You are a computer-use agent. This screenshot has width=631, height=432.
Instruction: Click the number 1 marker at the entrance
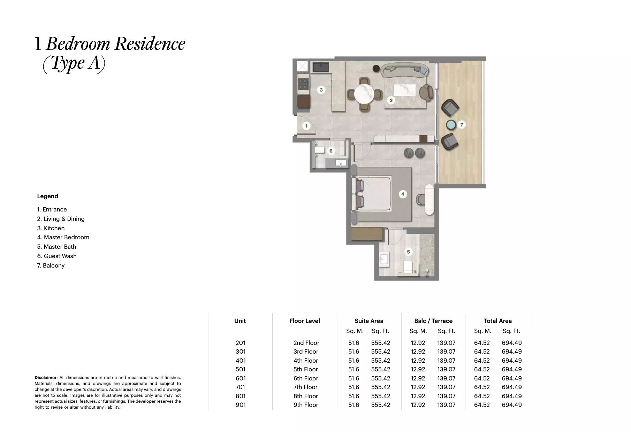pyautogui.click(x=306, y=126)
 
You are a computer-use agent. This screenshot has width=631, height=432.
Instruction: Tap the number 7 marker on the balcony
pyautogui.click(x=462, y=124)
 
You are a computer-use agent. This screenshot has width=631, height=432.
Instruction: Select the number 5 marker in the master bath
pyautogui.click(x=408, y=252)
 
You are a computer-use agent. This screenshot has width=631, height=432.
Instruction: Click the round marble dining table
pyautogui.click(x=364, y=94)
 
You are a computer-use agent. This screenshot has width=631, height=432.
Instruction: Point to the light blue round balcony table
pyautogui.click(x=451, y=125)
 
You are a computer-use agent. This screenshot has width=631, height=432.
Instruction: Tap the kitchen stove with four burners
pyautogui.click(x=60, y=84)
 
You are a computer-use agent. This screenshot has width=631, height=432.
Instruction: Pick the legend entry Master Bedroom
pyautogui.click(x=63, y=237)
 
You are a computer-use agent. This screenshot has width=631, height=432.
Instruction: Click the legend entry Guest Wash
pyautogui.click(x=57, y=256)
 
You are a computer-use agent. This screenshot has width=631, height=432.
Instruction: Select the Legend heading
pyautogui.click(x=47, y=196)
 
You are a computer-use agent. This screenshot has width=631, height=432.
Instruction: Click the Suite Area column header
pyautogui.click(x=369, y=321)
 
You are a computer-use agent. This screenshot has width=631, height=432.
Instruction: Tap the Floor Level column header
pyautogui.click(x=305, y=321)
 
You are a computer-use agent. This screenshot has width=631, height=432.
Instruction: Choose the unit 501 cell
pyautogui.click(x=241, y=369)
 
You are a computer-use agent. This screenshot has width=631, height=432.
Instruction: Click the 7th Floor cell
pyautogui.click(x=305, y=387)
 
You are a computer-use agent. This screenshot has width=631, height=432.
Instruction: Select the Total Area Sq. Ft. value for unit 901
pyautogui.click(x=511, y=405)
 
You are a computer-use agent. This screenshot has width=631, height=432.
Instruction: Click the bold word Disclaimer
pyautogui.click(x=45, y=378)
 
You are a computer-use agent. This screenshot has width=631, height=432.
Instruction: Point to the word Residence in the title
pyautogui.click(x=150, y=44)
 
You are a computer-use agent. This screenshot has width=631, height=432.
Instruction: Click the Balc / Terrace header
pyautogui.click(x=433, y=321)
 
